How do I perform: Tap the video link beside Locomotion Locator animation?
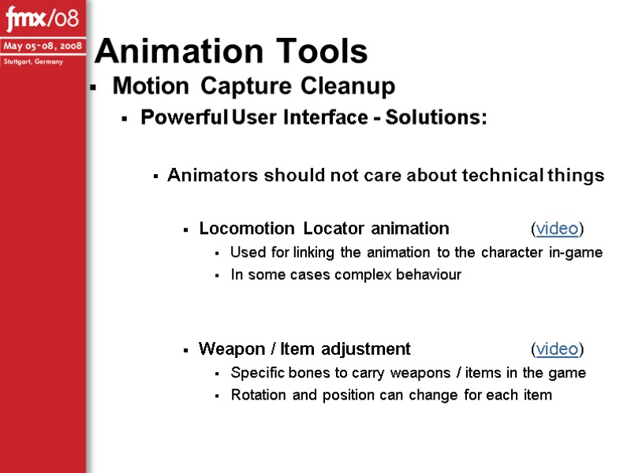(557, 229)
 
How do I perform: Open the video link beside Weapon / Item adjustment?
(557, 349)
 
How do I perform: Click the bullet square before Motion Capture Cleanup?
(93, 87)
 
